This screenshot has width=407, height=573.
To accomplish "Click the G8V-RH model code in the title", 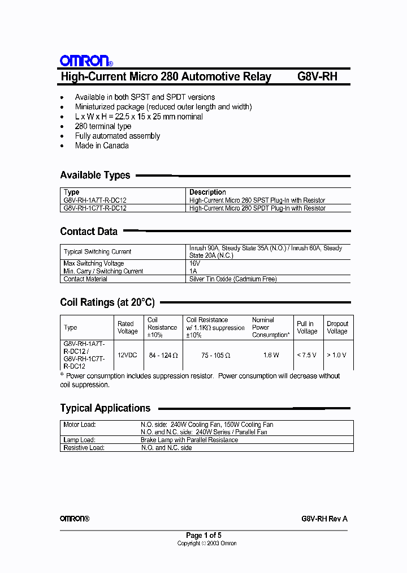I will (317, 76).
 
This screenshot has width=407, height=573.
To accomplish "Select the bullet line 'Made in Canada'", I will (102, 146).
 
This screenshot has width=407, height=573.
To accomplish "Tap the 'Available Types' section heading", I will (95, 176).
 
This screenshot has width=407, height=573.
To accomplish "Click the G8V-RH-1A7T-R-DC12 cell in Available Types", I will (95, 200).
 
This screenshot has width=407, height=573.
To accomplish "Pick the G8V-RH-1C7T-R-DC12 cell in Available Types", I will (95, 208).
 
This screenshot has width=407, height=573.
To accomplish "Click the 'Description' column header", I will (207, 192).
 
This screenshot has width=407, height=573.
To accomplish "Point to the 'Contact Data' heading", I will (89, 232).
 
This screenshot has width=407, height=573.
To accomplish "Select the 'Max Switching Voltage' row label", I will (94, 263).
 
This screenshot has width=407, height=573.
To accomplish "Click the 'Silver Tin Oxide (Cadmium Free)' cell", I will (232, 279).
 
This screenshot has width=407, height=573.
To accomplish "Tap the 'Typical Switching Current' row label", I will (97, 251).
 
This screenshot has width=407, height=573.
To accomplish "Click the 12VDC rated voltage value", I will (127, 355).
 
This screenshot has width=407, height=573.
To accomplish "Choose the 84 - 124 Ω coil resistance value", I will (163, 355).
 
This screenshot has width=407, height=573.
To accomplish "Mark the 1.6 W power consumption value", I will (271, 355).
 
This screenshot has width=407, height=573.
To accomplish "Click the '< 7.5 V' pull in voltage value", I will (306, 355).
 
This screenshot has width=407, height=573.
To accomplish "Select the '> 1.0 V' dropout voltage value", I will (336, 355).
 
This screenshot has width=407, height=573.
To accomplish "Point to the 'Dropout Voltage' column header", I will (337, 327).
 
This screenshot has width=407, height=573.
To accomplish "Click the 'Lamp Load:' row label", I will (79, 440).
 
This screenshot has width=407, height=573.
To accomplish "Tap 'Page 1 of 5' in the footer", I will (203, 535).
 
